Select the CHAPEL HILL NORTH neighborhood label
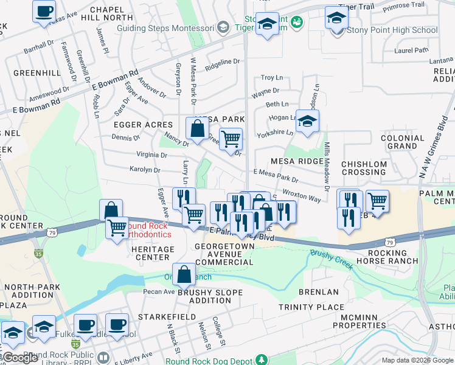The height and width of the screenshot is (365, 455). [111, 13]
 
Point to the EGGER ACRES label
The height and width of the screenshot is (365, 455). [143, 125]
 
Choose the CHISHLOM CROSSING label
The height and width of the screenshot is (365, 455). [364, 169]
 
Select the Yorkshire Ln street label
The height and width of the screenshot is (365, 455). [275, 134]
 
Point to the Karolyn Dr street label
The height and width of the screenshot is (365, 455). [144, 170]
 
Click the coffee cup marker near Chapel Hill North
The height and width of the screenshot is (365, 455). [44, 12]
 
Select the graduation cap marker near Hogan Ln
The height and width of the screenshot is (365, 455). [308, 122]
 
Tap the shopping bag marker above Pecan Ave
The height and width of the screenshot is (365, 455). [184, 275]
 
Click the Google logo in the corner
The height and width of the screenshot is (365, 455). [21, 358]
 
